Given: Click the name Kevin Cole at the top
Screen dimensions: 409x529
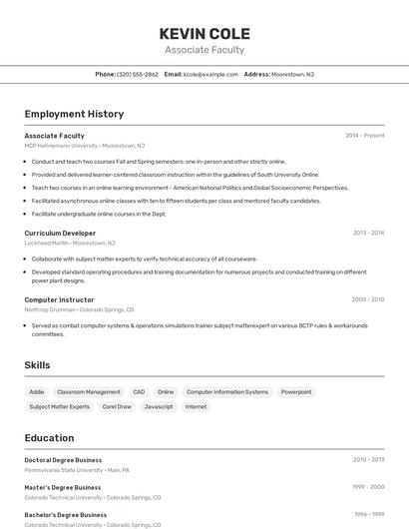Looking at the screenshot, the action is [204, 33].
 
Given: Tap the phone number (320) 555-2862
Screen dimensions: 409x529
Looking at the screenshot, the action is [138, 74].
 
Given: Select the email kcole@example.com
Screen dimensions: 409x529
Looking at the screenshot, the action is [210, 74].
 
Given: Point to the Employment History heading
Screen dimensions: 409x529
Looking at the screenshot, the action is [74, 114].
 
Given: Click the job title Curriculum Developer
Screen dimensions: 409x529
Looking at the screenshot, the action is [60, 233].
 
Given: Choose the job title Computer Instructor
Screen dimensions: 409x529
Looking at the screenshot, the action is [59, 299].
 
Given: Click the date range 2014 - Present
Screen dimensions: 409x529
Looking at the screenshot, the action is [364, 136].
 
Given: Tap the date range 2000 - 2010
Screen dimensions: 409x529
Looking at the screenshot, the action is [367, 299].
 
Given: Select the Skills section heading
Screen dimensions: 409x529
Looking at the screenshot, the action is [37, 365].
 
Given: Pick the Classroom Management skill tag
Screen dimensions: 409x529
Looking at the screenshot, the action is [89, 392].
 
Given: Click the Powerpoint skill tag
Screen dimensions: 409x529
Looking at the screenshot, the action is [295, 392].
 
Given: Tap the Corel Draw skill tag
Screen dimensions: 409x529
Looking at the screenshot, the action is [117, 406].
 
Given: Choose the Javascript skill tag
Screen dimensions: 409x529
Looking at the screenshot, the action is [159, 406].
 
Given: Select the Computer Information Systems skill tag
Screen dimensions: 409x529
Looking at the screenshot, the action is [227, 392].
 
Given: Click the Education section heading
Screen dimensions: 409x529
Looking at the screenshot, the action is [49, 438].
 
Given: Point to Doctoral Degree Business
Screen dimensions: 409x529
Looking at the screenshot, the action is [63, 460].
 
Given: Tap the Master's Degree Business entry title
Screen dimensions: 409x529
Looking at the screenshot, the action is [63, 487].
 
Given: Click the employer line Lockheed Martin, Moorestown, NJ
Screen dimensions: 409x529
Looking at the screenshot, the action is [70, 243].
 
